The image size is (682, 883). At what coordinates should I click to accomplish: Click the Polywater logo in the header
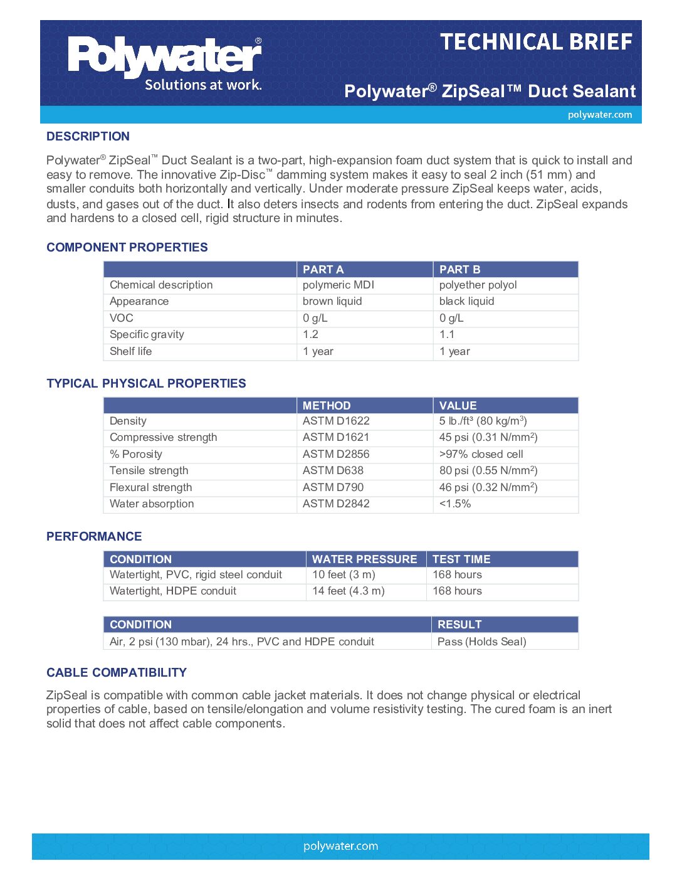[x=165, y=63]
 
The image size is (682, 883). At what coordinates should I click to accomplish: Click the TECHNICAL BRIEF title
[x=536, y=42]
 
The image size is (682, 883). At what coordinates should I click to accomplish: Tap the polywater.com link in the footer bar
[x=340, y=846]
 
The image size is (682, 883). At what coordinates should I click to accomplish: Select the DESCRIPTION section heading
[x=88, y=136]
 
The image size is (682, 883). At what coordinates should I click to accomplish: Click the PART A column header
[x=323, y=270]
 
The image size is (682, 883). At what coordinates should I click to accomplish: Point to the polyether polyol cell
[x=478, y=285]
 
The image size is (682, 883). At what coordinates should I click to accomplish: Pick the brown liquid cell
[x=332, y=301]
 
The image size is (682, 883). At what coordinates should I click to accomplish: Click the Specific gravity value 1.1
[x=447, y=334]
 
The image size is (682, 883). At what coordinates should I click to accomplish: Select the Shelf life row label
[x=130, y=351]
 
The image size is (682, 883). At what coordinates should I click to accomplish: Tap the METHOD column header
[x=327, y=406]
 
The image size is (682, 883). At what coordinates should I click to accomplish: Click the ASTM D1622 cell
[x=336, y=421]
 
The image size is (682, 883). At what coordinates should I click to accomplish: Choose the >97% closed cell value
[x=481, y=454]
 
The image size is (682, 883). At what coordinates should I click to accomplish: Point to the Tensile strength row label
[x=149, y=470]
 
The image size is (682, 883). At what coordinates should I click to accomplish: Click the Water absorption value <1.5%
[x=454, y=504]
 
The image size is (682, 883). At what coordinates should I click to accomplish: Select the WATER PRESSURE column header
[x=364, y=559]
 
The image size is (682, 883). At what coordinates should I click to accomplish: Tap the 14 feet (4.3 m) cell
[x=349, y=591]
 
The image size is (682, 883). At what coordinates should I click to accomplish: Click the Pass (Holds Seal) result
[x=481, y=642]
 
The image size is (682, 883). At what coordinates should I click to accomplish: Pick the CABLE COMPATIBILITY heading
[x=117, y=672]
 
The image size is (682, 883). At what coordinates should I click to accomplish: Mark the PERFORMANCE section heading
[x=94, y=536]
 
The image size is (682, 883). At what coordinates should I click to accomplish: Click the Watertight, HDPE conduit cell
[x=173, y=591]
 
